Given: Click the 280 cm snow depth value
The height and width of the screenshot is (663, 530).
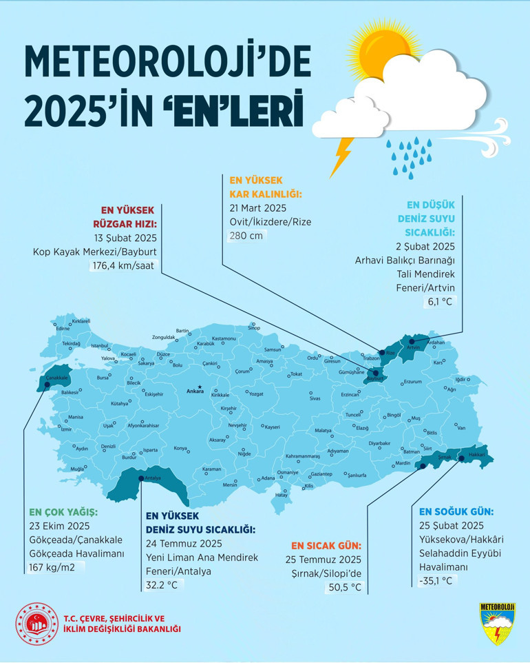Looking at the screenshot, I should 246,235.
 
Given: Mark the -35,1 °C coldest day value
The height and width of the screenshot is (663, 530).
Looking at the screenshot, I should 436,580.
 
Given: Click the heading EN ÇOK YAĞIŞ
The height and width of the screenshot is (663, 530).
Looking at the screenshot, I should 63,513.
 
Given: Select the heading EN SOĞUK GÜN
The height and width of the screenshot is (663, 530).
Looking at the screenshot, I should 456,511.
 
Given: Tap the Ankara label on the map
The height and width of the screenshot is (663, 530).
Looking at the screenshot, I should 195,392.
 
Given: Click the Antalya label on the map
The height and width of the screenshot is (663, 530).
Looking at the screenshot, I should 153,478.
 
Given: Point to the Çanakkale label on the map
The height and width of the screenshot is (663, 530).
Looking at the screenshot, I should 56,378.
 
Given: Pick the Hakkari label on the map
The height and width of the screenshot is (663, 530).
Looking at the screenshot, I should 476,455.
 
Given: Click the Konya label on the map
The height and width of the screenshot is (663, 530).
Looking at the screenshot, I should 180,449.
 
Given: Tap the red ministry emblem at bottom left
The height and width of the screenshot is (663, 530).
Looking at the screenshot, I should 37,624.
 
